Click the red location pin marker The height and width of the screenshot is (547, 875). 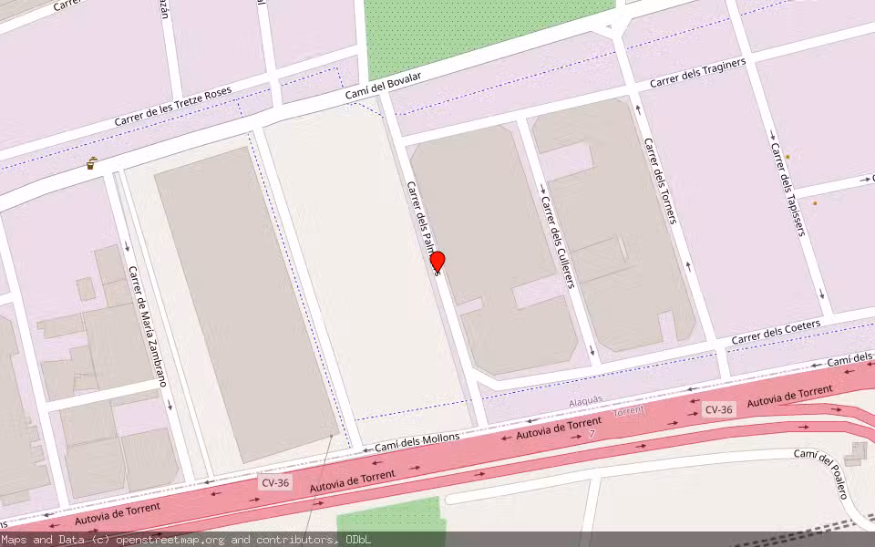click(x=437, y=262)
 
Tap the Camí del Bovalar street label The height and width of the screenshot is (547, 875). click(x=383, y=89)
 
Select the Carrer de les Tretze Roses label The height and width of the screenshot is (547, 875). click(x=173, y=108)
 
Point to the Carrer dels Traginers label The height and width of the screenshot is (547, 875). click(x=697, y=73)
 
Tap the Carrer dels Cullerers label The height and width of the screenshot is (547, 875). click(x=557, y=243)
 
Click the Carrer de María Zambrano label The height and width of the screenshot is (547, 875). click(x=148, y=325)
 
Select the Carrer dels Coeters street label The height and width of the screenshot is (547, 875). click(x=776, y=331)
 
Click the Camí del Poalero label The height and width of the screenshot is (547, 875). click(x=820, y=474)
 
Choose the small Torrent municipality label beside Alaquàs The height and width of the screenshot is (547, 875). click(x=629, y=411)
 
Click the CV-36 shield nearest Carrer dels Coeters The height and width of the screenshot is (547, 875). click(x=718, y=410)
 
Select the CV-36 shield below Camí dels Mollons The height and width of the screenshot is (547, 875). click(x=274, y=481)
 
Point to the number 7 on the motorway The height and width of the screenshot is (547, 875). click(x=592, y=433)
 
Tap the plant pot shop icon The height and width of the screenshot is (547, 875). click(x=92, y=164)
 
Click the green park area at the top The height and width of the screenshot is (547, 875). click(x=483, y=27)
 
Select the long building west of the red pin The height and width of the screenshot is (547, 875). click(x=246, y=301)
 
